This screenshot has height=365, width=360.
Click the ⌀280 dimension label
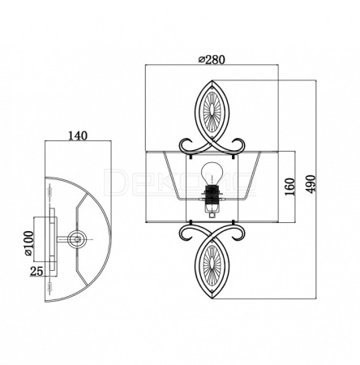coord(211,58)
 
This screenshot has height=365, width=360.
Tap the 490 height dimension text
coord(311,184)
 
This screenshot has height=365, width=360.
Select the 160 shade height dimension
coord(290,187)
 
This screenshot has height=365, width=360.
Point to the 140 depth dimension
coord(78,135)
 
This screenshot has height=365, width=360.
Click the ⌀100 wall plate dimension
coord(28,243)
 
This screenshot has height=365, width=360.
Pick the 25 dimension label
coord(36,271)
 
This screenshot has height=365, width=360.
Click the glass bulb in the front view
coord(212,174)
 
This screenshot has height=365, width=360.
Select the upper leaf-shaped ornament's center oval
coord(212,111)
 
